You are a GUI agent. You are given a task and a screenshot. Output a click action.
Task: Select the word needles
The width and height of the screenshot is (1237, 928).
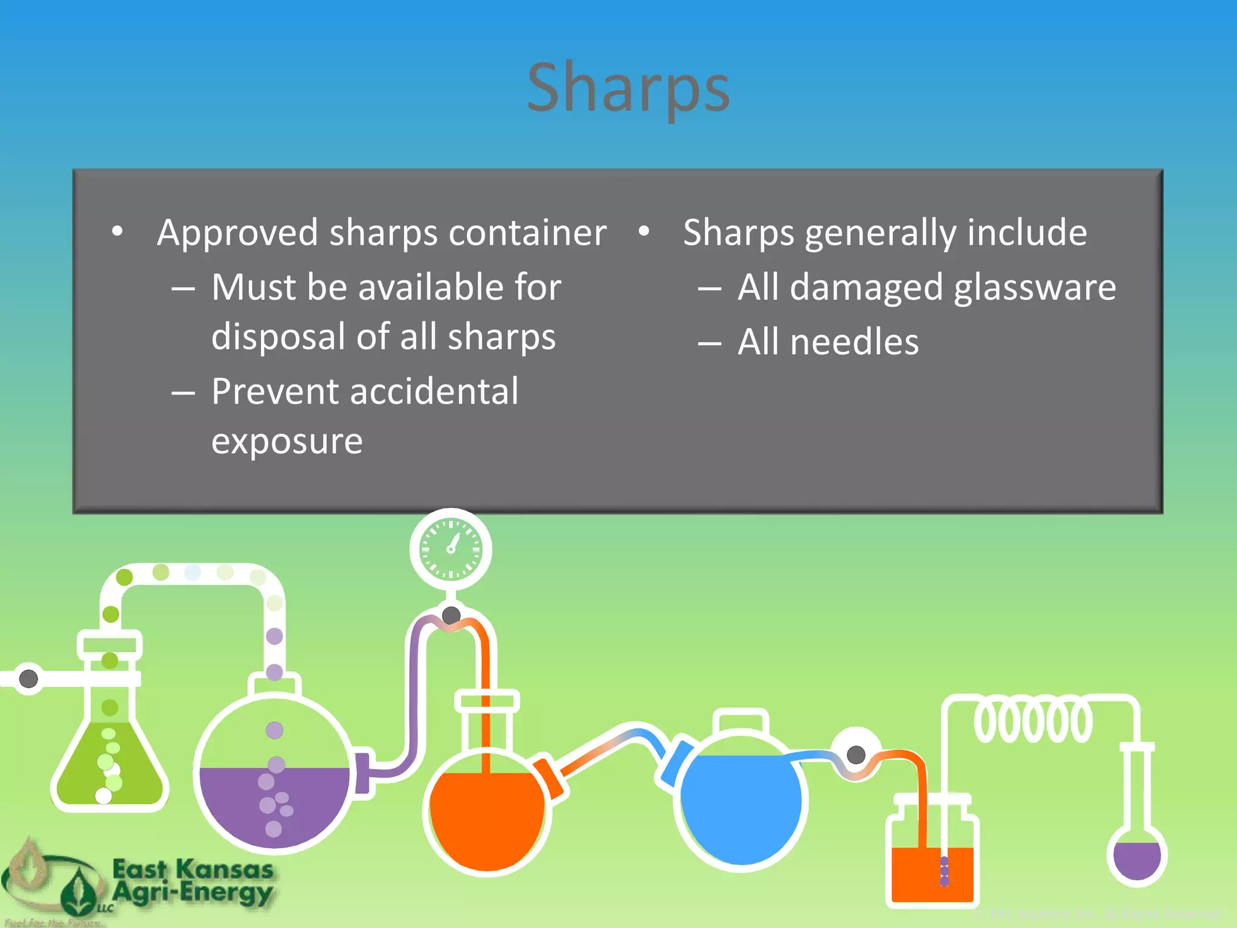click(854, 342)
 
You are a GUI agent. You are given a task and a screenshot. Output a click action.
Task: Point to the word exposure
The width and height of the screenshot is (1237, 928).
click(287, 442)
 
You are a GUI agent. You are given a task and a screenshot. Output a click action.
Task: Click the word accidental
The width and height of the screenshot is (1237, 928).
click(434, 391)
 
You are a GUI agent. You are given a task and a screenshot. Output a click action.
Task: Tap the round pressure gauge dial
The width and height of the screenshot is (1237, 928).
click(451, 549)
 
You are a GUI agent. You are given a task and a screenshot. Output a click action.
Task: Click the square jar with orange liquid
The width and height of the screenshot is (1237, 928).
click(932, 864)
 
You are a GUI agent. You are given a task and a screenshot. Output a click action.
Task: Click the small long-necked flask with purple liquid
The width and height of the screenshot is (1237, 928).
click(1137, 855)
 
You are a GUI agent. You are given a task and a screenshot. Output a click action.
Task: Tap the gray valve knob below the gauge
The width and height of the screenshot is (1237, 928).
click(451, 616)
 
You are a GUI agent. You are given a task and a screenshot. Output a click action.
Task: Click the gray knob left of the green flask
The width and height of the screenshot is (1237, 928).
click(28, 678)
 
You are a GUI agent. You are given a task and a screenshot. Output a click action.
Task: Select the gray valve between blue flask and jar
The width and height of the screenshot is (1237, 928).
click(856, 754)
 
